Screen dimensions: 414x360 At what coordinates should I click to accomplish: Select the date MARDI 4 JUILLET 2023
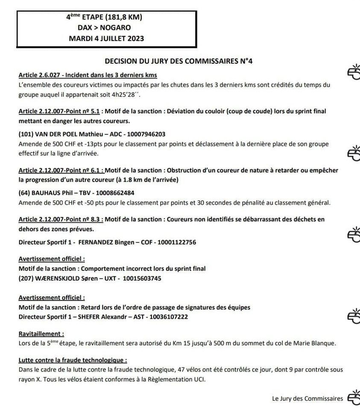pyautogui.click(x=106, y=38)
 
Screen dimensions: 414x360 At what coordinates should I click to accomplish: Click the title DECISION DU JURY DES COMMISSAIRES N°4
pyautogui.click(x=179, y=61)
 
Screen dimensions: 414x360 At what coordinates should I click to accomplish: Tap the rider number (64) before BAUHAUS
pyautogui.click(x=24, y=192)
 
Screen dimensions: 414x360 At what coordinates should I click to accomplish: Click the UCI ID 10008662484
pyautogui.click(x=116, y=192)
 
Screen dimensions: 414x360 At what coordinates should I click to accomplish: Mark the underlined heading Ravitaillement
pyautogui.click(x=41, y=333)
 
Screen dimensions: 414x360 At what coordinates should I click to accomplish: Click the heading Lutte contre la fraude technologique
pyautogui.click(x=73, y=360)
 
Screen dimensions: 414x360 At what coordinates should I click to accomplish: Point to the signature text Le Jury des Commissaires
pyautogui.click(x=307, y=398)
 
